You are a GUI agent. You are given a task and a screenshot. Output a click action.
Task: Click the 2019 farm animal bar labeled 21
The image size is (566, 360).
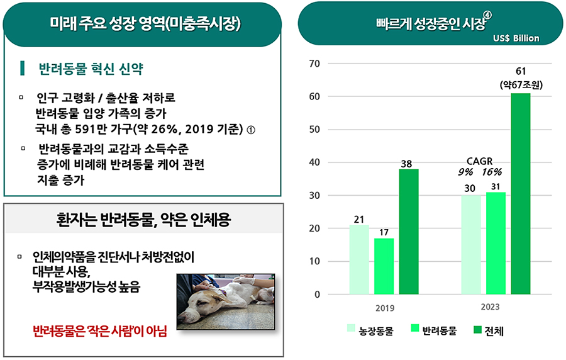pos(359,260)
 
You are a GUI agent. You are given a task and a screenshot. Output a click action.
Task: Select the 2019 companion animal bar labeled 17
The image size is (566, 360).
pos(384,266)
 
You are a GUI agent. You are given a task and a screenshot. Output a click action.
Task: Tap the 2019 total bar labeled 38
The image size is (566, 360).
pos(409,232)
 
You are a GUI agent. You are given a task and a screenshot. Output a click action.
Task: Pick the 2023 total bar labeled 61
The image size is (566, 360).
pos(521,194)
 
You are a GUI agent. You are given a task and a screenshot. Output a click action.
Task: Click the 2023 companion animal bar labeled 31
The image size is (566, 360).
pos(496,243)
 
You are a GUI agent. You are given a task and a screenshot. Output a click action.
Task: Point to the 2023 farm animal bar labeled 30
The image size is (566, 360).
pos(471,245)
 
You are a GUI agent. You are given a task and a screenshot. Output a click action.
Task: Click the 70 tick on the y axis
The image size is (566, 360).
pos(314,64)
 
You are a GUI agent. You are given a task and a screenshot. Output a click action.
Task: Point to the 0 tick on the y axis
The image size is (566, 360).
pos(317,295)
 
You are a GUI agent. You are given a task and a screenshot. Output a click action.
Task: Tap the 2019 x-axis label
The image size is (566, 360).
pos(385,308)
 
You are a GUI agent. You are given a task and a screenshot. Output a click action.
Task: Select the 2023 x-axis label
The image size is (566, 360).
pos(490,307)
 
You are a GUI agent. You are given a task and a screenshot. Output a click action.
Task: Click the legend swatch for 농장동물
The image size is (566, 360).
pos(351,328)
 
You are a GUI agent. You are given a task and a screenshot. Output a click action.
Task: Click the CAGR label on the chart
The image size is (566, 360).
pos(479,161)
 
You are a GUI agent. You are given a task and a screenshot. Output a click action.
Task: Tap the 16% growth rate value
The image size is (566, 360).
pos(492,172)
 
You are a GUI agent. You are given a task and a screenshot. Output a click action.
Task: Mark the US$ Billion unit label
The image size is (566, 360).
pos(516,38)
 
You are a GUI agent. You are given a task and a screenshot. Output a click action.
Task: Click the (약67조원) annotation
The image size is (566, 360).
pos(521,85)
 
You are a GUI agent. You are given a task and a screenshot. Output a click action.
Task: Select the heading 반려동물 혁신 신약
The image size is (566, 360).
pos(91,69)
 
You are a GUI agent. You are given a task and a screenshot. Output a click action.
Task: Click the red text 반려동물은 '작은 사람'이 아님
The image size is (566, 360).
pos(99,331)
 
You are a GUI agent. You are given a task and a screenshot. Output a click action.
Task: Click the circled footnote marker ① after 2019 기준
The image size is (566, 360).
pos(251,130)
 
